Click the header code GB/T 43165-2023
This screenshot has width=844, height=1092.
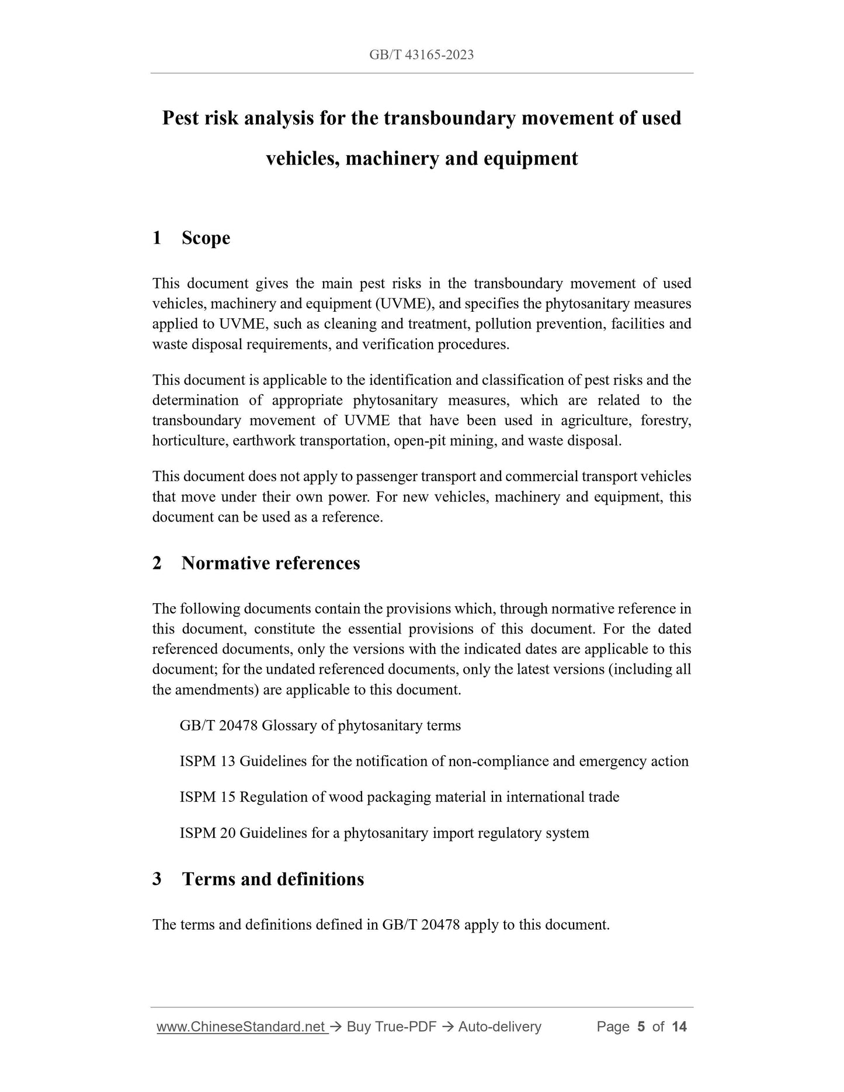421,55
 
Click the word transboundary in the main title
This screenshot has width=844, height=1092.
450,118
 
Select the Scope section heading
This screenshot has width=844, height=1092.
206,238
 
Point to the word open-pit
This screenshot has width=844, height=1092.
418,441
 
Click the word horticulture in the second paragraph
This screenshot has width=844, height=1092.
190,441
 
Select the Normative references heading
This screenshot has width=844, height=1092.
270,563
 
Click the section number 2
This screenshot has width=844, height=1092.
157,563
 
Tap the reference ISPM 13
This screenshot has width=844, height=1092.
207,761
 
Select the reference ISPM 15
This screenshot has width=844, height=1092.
207,797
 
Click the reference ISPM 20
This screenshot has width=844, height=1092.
207,833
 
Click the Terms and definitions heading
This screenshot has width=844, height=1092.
273,879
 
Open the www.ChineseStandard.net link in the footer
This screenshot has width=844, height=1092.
241,1027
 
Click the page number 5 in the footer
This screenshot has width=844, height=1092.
641,1027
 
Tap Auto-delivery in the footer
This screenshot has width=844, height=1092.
499,1027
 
